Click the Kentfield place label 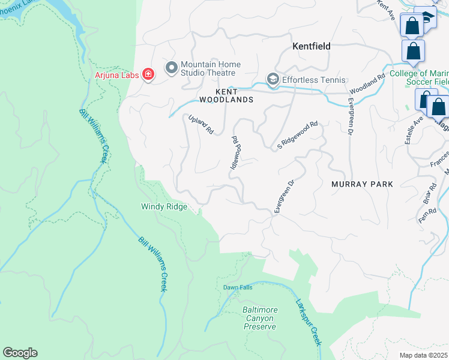click(x=312, y=46)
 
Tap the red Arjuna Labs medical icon click(x=148, y=74)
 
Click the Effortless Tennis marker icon click(x=273, y=80)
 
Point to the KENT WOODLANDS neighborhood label click(x=226, y=95)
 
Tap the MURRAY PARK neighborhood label click(x=362, y=184)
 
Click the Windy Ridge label click(x=164, y=206)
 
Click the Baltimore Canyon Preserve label click(x=260, y=318)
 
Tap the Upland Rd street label click(x=200, y=124)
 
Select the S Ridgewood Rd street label click(x=297, y=136)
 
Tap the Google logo click(x=20, y=353)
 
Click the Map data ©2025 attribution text click(x=423, y=355)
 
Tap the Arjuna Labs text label click(x=117, y=74)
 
